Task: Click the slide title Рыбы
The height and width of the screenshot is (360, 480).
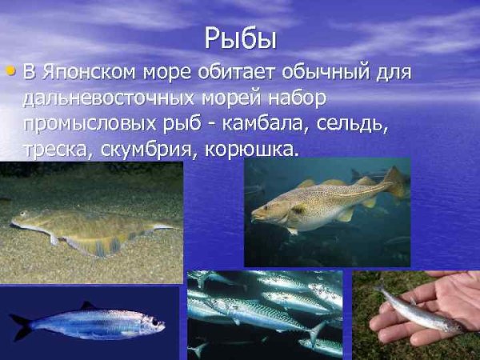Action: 240,38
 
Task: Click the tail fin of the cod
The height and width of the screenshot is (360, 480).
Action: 394,182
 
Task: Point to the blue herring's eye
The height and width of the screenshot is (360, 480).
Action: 152,323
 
